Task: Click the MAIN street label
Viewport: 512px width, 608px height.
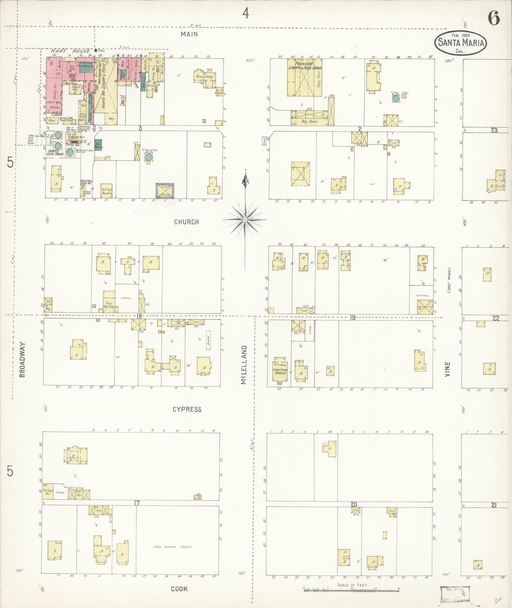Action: coord(189,34)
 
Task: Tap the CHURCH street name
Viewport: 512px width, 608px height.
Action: coord(186,222)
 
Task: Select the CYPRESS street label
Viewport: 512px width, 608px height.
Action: coord(187,409)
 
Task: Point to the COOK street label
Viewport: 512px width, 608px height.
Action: coord(179,589)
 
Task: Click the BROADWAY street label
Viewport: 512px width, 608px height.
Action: coord(22,359)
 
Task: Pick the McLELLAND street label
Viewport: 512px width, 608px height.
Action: coord(244,365)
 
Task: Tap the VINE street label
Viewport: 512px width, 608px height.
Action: coord(447,369)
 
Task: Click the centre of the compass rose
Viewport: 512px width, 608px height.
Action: coord(244,220)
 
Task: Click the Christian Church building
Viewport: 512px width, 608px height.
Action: coord(280,371)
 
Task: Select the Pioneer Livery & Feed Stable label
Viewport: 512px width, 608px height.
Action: coord(304,66)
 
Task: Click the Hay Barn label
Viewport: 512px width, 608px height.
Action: coord(309,121)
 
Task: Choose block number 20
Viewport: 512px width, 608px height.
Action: coord(354,504)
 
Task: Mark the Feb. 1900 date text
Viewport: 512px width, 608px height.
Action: coord(461,35)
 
